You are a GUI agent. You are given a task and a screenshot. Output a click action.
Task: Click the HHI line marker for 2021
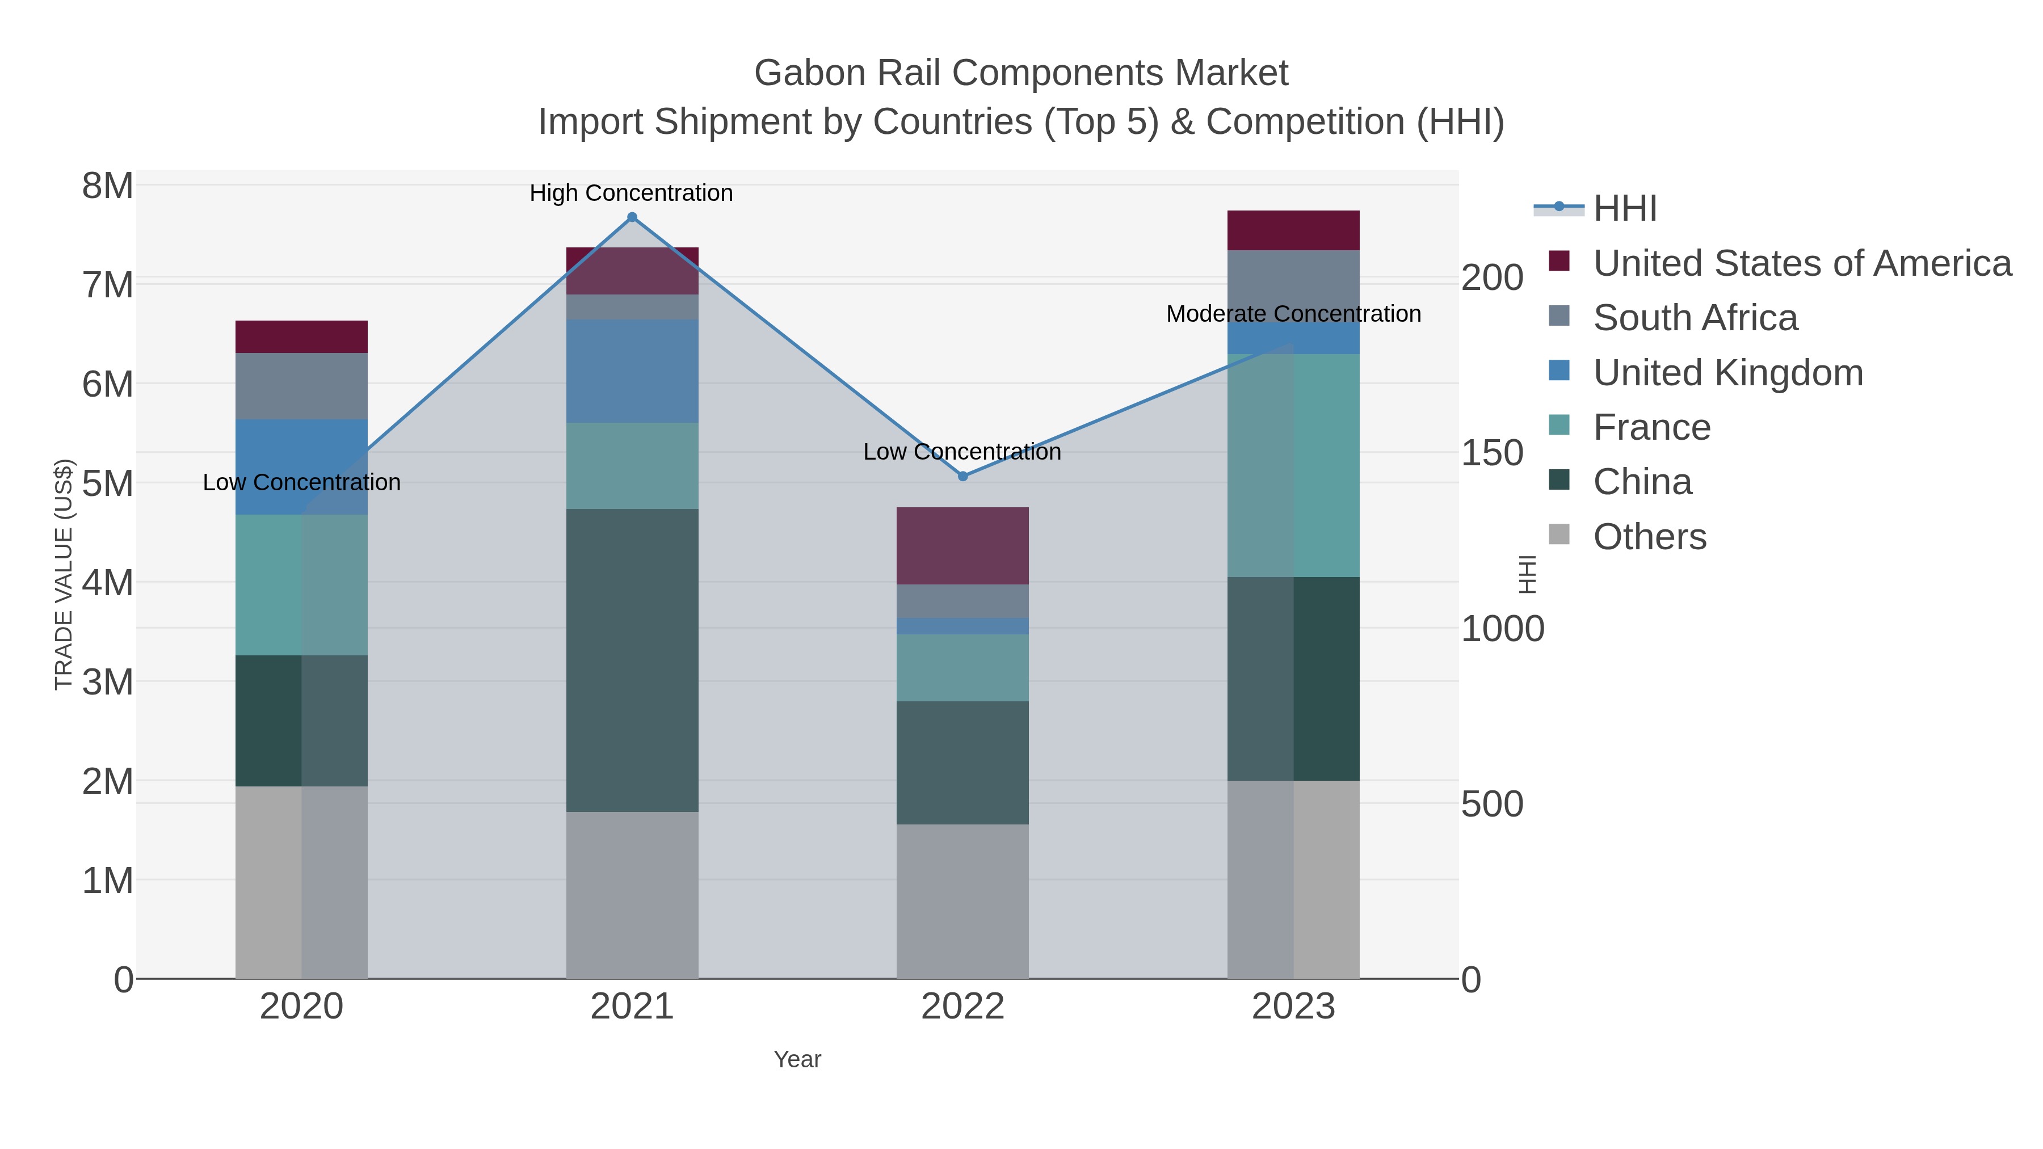point(632,217)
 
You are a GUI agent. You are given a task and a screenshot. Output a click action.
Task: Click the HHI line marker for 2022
point(963,477)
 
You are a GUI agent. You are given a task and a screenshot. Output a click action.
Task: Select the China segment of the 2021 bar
point(632,660)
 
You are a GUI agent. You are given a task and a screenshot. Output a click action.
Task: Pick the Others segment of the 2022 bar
point(963,901)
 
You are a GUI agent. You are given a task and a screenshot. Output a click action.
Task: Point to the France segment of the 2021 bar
point(632,465)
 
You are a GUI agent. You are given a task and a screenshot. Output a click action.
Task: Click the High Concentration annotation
point(631,193)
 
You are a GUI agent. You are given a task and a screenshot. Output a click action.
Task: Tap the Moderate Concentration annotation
point(1293,314)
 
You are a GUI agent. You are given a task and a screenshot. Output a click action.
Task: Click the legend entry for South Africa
point(1695,318)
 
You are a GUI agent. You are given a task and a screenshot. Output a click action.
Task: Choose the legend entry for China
point(1642,482)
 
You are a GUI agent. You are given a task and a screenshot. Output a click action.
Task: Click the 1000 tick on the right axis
point(1502,629)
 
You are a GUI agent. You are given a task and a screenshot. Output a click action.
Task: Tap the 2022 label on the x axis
point(963,1007)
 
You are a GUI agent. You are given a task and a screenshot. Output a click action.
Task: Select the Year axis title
point(797,1059)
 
